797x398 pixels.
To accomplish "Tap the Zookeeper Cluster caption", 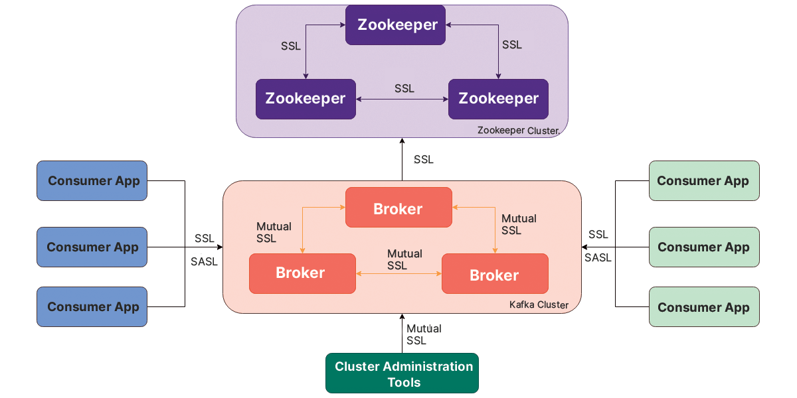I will tap(518, 131).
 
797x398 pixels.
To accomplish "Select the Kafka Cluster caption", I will tap(539, 305).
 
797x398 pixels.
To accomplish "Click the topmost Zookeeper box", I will tap(398, 25).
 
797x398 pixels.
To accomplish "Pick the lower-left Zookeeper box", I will tap(306, 99).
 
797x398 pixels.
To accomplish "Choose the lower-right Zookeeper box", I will tap(498, 99).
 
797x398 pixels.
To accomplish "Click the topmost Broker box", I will tap(398, 209).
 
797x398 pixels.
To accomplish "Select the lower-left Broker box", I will tap(302, 273).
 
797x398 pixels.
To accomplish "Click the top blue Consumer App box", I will tap(92, 181).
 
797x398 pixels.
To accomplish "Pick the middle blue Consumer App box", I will tap(92, 247).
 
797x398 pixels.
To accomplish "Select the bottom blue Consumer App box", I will tap(92, 307).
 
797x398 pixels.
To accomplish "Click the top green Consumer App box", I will tap(703, 181).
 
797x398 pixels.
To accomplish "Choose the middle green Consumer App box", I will tap(703, 247).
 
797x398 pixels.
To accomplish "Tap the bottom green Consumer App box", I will tap(703, 307).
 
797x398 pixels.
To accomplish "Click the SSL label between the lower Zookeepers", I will tap(404, 88).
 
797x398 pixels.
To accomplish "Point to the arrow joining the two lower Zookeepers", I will tap(402, 99).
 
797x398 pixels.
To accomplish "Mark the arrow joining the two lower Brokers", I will tap(398, 273).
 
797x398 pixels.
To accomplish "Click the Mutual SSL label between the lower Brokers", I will tap(404, 259).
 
